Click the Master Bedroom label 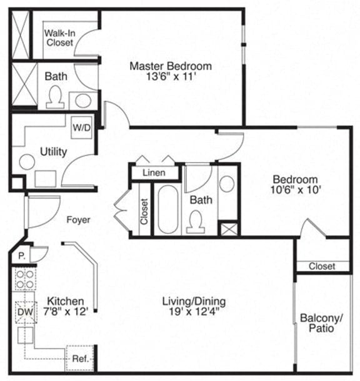tap(170, 66)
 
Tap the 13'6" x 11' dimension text tap(170, 78)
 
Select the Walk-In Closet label tap(59, 38)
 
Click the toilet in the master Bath tap(55, 97)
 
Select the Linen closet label tap(154, 173)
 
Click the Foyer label tap(78, 220)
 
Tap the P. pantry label tap(21, 255)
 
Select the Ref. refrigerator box tap(79, 358)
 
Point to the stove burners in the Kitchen tap(24, 280)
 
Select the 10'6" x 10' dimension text tap(296, 190)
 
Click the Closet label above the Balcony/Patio tap(321, 267)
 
